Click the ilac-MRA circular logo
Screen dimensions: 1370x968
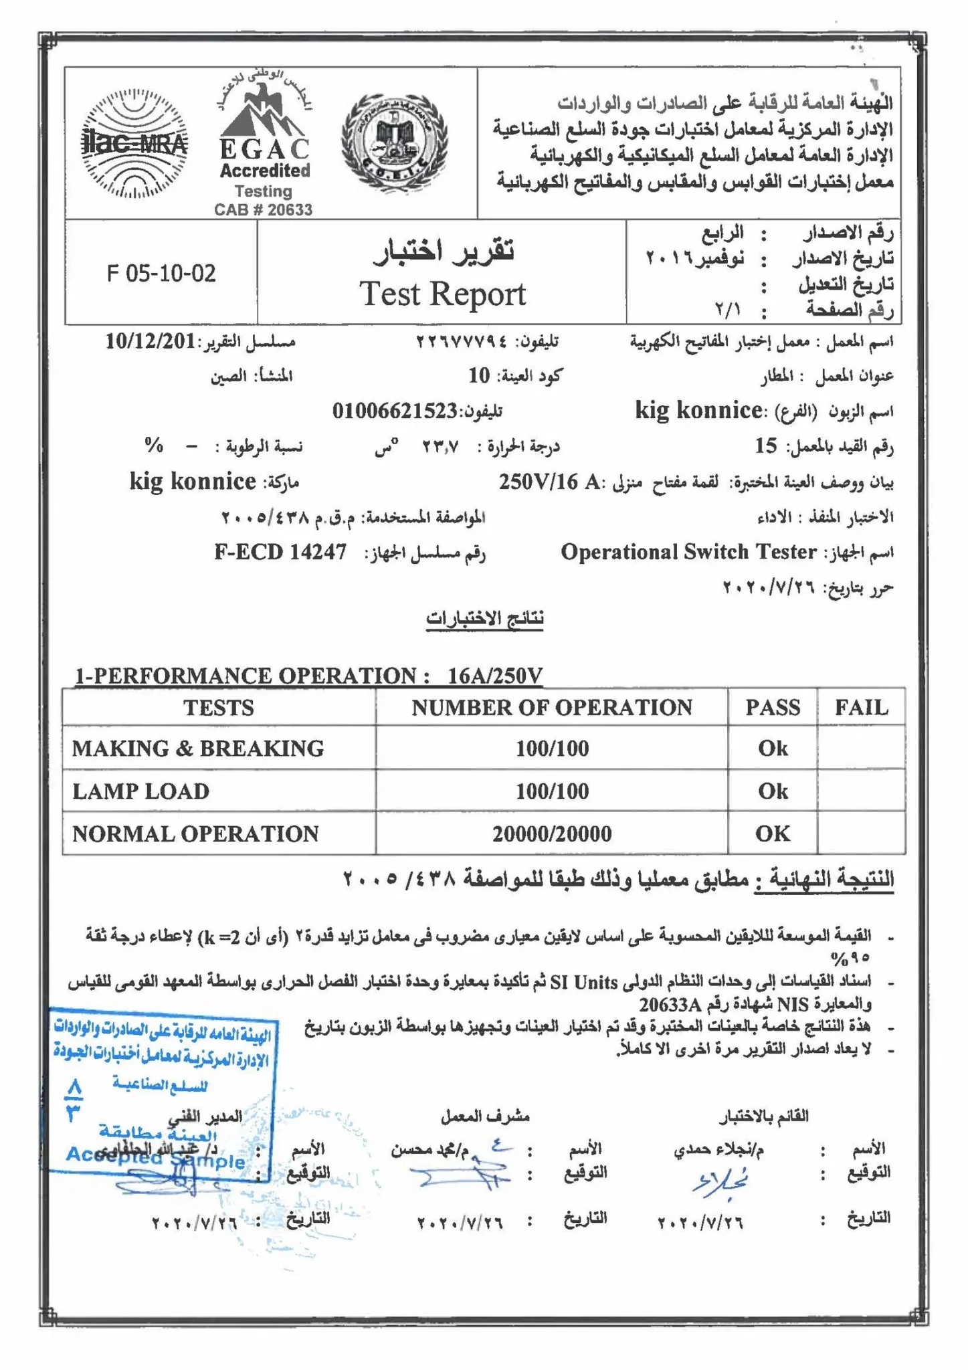coord(134,143)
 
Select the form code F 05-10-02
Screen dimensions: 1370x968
coord(161,273)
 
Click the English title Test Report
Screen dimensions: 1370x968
coord(442,294)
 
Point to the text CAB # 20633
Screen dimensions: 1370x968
coord(263,209)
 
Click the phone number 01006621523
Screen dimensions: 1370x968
coord(395,411)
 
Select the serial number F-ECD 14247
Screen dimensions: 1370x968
coord(280,552)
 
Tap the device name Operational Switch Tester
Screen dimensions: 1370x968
coord(688,552)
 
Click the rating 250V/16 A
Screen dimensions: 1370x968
coord(549,482)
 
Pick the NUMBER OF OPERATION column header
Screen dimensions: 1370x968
coord(551,707)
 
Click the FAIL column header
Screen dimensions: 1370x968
coord(861,707)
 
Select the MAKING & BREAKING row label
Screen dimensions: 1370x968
coord(198,748)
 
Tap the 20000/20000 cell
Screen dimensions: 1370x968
coord(551,834)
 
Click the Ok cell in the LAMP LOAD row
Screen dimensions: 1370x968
coord(772,791)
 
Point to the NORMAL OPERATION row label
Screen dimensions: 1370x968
coord(195,834)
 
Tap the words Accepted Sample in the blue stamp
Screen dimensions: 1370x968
coord(155,1157)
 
